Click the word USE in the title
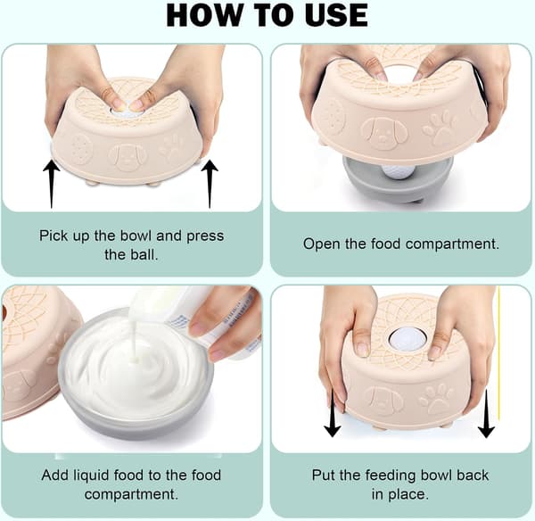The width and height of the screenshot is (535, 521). click(336, 16)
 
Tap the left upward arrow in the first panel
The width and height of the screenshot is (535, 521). click(52, 184)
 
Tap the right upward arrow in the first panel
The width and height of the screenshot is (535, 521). click(210, 184)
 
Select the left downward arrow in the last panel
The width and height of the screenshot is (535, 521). click(333, 412)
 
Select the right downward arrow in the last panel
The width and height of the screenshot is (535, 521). click(486, 412)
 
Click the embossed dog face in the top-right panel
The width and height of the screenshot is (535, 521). click(384, 132)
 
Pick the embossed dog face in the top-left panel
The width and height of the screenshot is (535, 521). click(129, 158)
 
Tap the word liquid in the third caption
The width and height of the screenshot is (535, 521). click(91, 476)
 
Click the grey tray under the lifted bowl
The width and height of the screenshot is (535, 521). click(398, 179)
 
